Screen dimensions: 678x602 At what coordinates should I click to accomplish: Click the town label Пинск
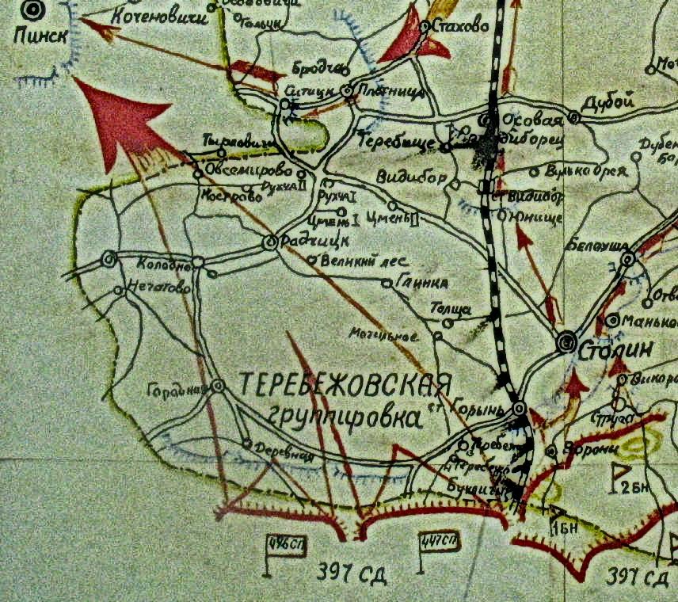(36, 35)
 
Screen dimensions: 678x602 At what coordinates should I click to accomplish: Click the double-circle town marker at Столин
(566, 342)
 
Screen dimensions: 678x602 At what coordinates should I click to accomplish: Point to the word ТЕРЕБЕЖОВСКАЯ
(345, 387)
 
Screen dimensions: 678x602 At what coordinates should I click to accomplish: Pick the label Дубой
(608, 102)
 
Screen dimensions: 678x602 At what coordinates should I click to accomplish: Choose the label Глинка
(423, 283)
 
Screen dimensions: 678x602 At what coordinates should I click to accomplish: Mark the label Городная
(178, 388)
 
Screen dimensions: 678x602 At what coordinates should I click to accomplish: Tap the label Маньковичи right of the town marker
(649, 322)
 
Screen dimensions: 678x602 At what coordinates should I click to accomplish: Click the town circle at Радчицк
(269, 243)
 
